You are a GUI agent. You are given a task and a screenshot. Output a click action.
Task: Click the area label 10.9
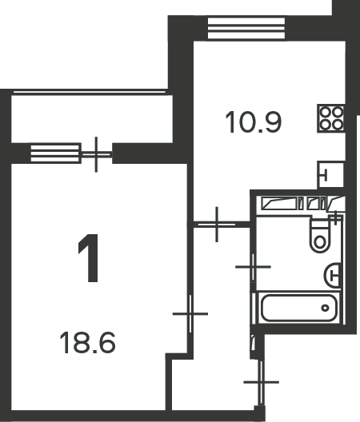click(254, 122)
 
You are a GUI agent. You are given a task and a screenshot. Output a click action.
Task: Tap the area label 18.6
click(87, 343)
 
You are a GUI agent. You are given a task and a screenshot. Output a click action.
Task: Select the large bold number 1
click(89, 258)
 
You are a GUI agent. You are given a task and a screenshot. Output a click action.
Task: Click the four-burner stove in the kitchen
click(331, 118)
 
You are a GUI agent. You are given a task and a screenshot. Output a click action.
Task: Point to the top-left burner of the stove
click(326, 112)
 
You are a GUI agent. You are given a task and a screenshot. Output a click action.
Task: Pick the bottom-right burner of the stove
click(338, 125)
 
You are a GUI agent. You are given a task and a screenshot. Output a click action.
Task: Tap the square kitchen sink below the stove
click(331, 175)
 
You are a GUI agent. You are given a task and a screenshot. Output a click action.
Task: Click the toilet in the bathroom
click(321, 235)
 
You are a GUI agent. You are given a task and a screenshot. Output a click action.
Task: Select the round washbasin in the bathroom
click(333, 275)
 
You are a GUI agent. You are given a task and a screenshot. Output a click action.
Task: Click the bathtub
click(298, 308)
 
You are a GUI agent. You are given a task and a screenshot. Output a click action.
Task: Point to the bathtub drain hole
click(326, 308)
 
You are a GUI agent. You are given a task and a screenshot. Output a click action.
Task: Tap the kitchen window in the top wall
click(246, 28)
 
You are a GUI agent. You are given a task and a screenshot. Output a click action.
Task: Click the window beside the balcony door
click(56, 153)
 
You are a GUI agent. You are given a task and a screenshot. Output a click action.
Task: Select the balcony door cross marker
click(96, 154)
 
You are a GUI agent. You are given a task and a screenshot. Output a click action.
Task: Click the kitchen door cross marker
click(217, 224)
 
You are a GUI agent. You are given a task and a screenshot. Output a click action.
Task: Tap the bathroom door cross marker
click(253, 267)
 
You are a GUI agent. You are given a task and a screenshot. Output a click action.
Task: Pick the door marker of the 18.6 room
click(190, 314)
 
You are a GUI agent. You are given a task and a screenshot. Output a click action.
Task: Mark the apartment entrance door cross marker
click(261, 382)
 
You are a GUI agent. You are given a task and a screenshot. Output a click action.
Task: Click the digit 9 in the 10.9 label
click(272, 122)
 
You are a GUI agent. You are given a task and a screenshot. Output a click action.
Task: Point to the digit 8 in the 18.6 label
click(82, 343)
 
